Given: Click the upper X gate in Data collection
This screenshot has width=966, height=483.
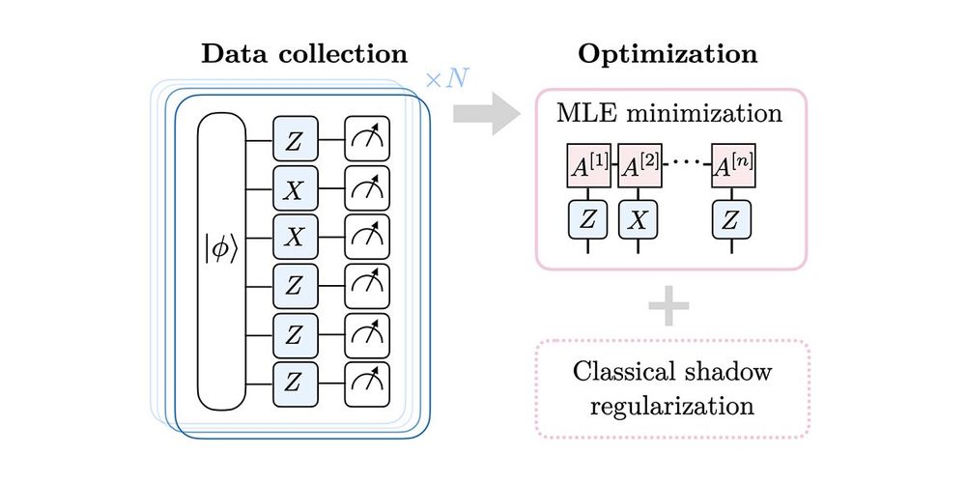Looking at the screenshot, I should tap(294, 190).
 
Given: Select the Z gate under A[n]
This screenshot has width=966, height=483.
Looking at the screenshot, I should tap(731, 219).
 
